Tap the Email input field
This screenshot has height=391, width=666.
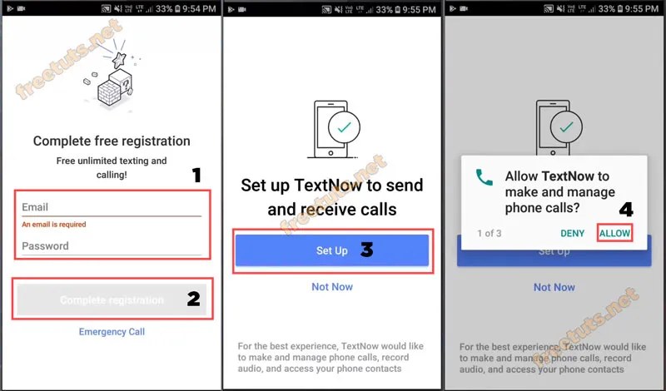(x=111, y=207)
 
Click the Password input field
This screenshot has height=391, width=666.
(x=111, y=246)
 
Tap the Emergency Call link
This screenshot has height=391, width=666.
(x=112, y=332)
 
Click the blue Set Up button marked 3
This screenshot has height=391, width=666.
(x=331, y=250)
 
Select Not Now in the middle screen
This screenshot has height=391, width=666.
(x=332, y=287)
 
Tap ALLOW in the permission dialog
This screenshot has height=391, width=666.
(x=614, y=234)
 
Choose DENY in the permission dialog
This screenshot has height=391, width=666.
(x=572, y=234)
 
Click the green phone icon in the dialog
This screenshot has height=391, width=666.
(x=484, y=177)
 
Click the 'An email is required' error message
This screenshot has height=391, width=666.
(x=53, y=225)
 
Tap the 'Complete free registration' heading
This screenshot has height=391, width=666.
(x=111, y=141)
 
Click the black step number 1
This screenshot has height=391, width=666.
(x=196, y=175)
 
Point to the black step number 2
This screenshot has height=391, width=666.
(x=193, y=299)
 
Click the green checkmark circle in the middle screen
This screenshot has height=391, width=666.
(x=344, y=127)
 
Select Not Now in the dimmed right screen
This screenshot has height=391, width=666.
(x=554, y=287)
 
